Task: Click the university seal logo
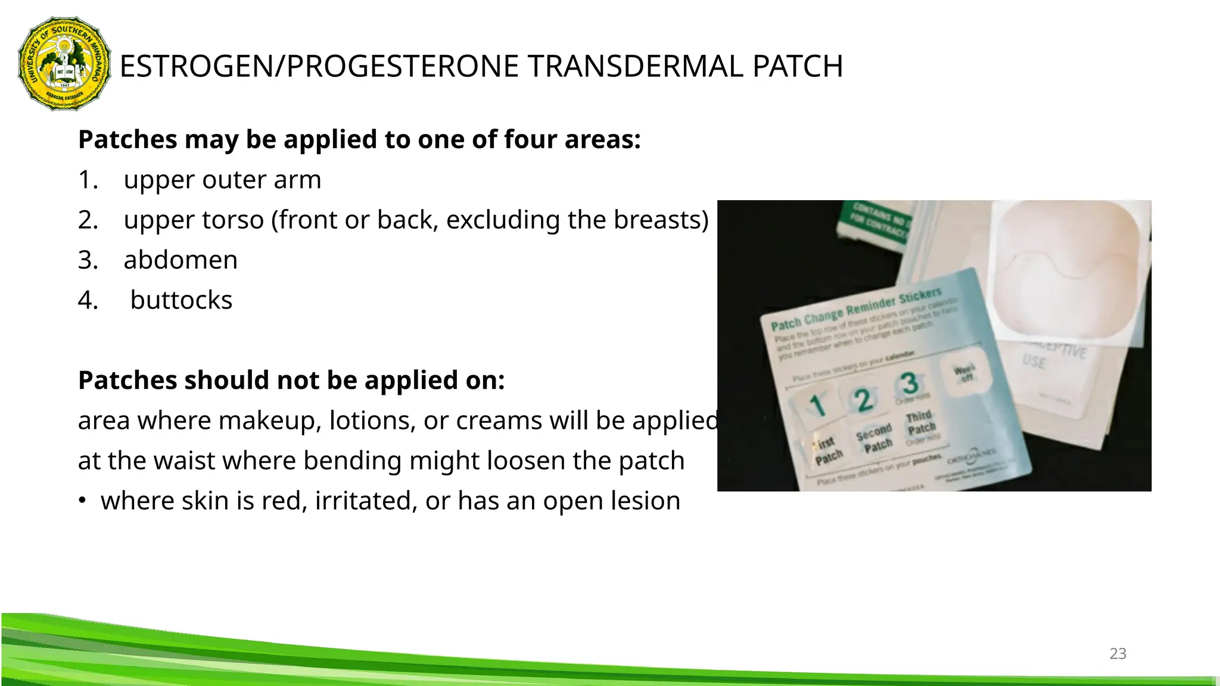64,64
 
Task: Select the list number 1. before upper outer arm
88,180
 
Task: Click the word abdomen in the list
180,260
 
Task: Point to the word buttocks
181,300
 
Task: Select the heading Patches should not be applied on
291,381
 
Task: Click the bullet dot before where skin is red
82,501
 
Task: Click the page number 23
1118,653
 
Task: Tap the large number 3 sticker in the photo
909,384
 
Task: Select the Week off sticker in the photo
964,373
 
